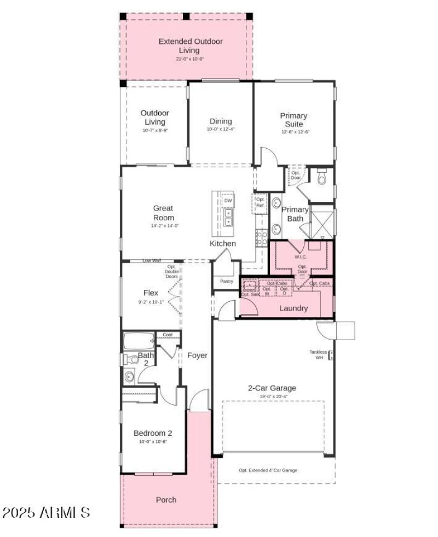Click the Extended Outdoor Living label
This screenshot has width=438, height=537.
coord(183,46)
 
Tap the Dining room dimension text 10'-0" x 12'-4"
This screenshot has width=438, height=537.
coord(221,130)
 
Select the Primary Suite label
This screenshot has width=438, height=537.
coord(294,120)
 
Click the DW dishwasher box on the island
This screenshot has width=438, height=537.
coord(228,201)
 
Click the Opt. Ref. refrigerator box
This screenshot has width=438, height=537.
coord(260,202)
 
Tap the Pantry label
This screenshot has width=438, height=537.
coord(227,281)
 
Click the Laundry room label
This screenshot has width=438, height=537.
coord(293,308)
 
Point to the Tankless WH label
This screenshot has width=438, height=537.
coord(318,355)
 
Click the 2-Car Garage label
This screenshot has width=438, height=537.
coord(272,388)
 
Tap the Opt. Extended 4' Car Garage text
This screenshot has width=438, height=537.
coord(268,470)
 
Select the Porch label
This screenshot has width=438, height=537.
coord(166,500)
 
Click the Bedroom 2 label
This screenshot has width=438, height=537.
coord(153,433)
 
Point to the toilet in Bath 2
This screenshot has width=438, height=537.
coord(130,359)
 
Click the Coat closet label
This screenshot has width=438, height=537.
coord(167,335)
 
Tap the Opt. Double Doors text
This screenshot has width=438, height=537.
coord(171,271)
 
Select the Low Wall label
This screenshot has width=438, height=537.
coord(152,261)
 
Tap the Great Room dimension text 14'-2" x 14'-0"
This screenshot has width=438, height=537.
coord(163,226)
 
